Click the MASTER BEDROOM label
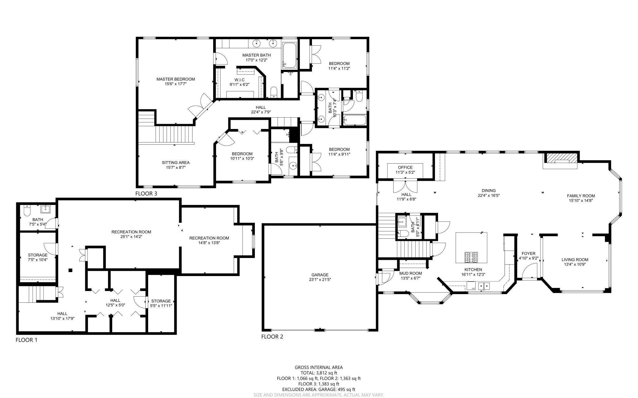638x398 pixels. [x=175, y=79]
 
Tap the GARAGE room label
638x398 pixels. [x=320, y=275]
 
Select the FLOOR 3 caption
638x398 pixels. [x=146, y=194]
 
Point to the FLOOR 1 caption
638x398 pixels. [x=26, y=340]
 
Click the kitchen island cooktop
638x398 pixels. [x=471, y=257]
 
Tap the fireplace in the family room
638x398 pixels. [x=560, y=158]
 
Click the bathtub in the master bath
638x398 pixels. [x=289, y=55]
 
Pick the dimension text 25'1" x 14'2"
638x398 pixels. [x=131, y=237]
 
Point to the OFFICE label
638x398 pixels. [x=405, y=167]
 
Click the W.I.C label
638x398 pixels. [x=239, y=80]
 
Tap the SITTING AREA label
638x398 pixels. [x=176, y=163]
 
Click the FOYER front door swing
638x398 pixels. [x=528, y=271]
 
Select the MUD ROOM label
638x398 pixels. [x=410, y=273]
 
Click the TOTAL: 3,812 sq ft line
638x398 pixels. [x=319, y=373]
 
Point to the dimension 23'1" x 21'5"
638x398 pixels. [x=320, y=279]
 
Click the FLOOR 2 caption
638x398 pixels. [x=272, y=337]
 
